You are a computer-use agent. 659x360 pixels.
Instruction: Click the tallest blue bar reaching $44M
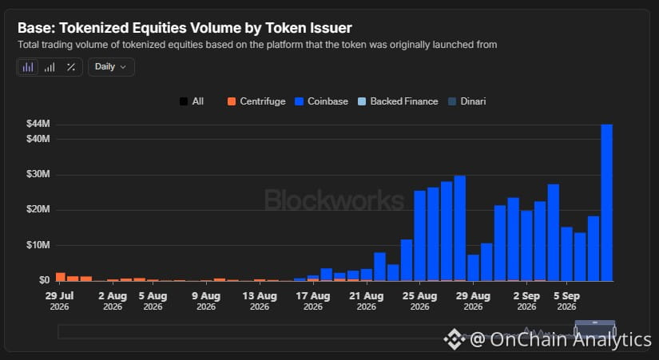(606, 203)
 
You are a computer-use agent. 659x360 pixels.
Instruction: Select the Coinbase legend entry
(322, 101)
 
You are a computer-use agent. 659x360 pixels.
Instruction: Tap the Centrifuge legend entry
(256, 101)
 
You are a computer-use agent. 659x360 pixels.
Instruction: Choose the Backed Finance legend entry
(398, 101)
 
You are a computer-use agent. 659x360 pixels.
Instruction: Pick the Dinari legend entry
(466, 101)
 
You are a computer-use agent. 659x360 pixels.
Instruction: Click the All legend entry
(192, 101)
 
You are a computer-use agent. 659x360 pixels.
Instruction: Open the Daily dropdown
(111, 67)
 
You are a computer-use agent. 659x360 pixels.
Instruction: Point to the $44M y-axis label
(38, 124)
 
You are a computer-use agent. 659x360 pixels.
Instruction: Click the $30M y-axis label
(38, 174)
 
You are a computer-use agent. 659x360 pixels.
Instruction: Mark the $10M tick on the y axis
(38, 244)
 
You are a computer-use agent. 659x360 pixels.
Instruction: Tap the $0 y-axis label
(44, 279)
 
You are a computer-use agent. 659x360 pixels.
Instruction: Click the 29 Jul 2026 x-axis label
(59, 301)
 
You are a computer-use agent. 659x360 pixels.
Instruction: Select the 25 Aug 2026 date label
(419, 301)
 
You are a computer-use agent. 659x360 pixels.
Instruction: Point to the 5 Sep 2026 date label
(566, 301)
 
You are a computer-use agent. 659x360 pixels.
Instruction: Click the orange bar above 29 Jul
(61, 277)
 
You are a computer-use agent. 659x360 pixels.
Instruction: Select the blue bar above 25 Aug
(420, 235)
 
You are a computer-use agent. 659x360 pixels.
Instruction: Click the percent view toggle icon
(71, 67)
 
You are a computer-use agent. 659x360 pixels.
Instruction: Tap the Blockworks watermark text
(334, 200)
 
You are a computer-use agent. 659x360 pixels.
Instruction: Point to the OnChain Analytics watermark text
(548, 339)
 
